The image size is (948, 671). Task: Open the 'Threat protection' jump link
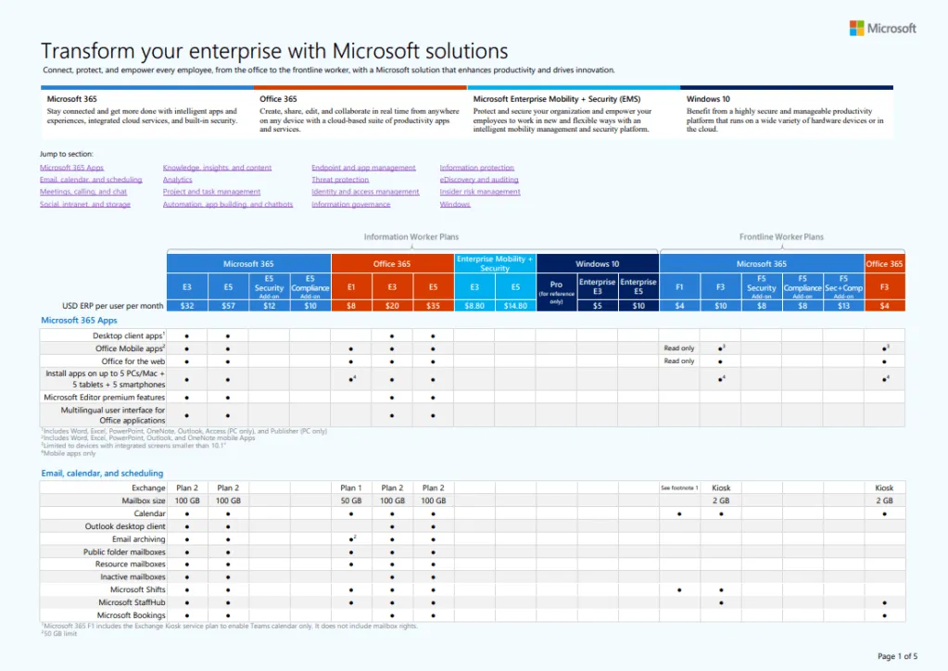point(340,180)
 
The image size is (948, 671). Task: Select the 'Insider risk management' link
point(480,192)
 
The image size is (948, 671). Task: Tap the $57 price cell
point(228,305)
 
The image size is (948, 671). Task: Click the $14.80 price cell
point(515,305)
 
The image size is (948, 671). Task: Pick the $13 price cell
point(843,305)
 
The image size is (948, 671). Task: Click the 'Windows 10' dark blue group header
point(598,264)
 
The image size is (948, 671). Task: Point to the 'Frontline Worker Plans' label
point(781,237)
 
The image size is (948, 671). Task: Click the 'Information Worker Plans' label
point(411,237)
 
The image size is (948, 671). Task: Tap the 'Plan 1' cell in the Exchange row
point(351,487)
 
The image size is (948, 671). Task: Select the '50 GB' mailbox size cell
point(351,500)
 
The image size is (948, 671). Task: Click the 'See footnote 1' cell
point(679,487)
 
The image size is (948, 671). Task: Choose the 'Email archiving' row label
point(139,538)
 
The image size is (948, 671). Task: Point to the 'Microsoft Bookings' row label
point(132,615)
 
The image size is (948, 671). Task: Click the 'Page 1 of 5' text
point(897,656)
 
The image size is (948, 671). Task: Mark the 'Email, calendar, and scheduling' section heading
point(102,474)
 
